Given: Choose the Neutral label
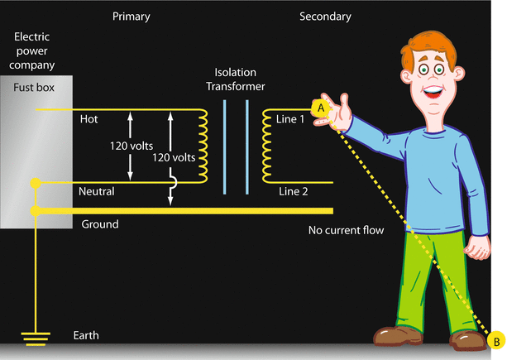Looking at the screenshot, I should click(x=97, y=191).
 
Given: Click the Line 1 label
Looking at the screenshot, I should click(x=291, y=120).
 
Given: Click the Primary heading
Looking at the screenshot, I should click(x=132, y=17).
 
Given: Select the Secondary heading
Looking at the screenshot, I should click(x=325, y=17).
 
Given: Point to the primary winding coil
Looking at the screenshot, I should click(x=200, y=146).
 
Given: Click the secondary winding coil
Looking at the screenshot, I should click(x=268, y=146).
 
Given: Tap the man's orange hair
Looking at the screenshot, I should click(x=425, y=46).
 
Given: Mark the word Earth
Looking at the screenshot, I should click(x=85, y=335).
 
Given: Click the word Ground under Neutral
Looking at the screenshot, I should click(x=100, y=224).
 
